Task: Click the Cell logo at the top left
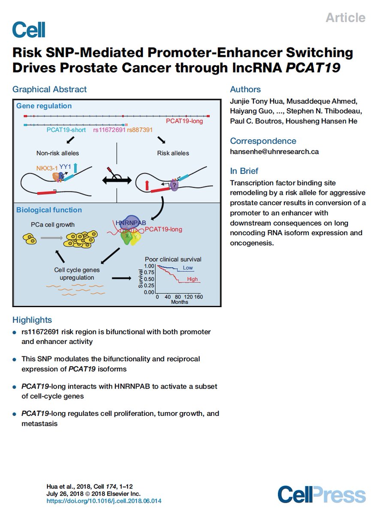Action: [x=29, y=30]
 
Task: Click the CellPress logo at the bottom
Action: [x=321, y=494]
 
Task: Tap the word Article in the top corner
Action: [x=345, y=18]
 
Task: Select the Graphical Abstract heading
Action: [x=49, y=90]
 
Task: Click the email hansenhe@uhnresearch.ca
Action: [x=274, y=152]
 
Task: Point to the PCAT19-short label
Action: [x=66, y=130]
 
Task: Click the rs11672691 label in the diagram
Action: [x=109, y=130]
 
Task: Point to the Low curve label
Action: [x=188, y=268]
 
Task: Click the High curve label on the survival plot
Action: [x=193, y=279]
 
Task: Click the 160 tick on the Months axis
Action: [x=198, y=296]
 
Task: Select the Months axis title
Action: [x=179, y=302]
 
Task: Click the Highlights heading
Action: [x=32, y=320]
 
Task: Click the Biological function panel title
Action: [x=49, y=210]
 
